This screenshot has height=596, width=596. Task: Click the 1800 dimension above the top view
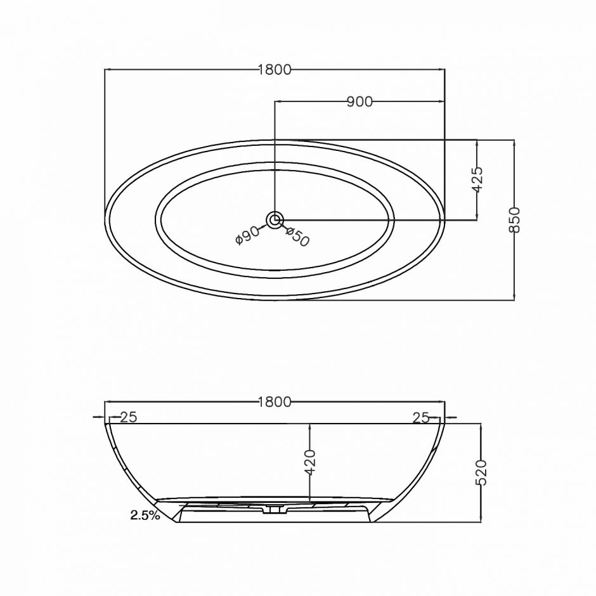275,70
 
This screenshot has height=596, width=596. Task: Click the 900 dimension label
360,102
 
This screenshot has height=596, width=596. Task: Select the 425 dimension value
477,179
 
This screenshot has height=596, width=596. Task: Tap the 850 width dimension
514,220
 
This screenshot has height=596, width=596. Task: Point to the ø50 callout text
297,236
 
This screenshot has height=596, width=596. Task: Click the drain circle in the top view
275,220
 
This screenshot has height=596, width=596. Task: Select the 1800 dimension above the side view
275,402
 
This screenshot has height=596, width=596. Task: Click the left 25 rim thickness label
129,417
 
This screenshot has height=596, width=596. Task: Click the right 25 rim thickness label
421,418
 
